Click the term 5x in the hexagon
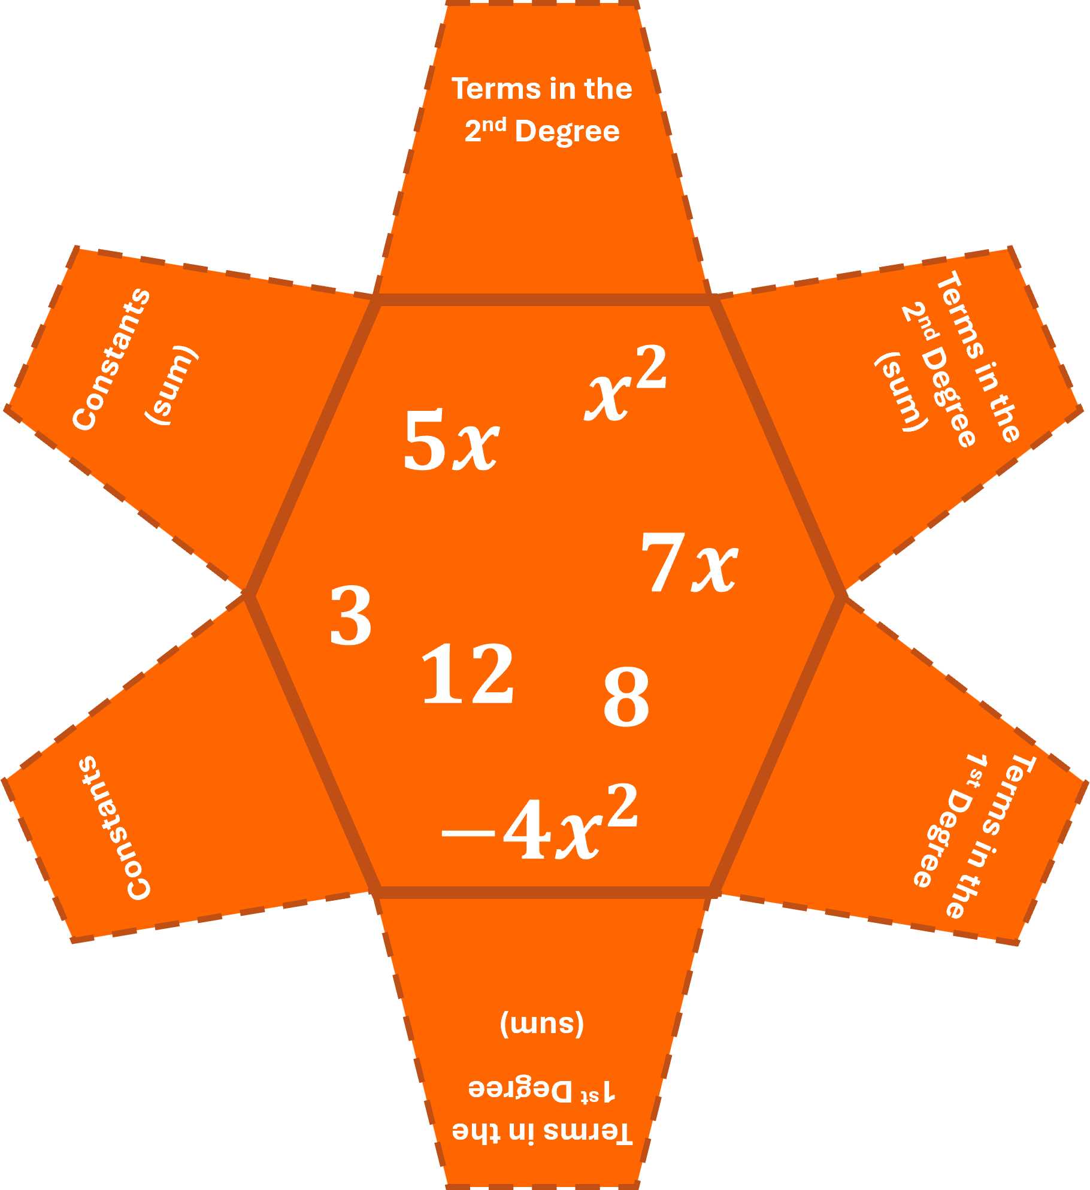point(451,440)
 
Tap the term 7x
point(689,563)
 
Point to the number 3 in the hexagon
point(351,616)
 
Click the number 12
point(468,673)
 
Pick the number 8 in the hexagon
point(626,697)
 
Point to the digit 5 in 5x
point(424,440)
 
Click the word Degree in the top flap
point(567,132)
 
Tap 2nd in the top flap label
point(485,129)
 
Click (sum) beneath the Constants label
point(172,385)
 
